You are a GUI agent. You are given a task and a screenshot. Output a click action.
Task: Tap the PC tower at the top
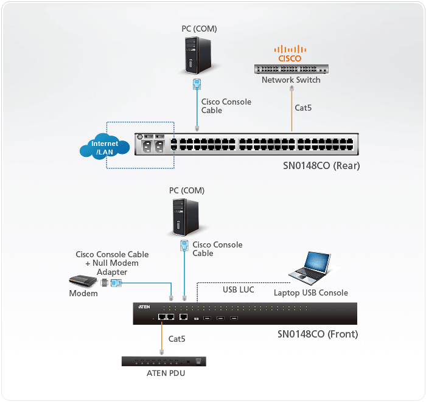(198, 55)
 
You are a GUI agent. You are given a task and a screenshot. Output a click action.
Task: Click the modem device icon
(83, 282)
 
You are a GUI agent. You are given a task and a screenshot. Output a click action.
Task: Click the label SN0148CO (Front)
(318, 334)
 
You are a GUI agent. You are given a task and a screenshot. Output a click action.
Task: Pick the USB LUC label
(238, 289)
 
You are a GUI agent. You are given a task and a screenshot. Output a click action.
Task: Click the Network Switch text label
(291, 80)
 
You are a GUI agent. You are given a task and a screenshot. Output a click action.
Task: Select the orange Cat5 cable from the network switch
(292, 109)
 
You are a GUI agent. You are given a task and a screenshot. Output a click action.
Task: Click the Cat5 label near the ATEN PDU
(177, 338)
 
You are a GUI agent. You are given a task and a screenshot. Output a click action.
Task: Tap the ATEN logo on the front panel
(144, 307)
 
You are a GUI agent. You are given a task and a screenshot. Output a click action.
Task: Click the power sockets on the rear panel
(153, 146)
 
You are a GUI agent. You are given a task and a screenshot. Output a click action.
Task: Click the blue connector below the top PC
(196, 85)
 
